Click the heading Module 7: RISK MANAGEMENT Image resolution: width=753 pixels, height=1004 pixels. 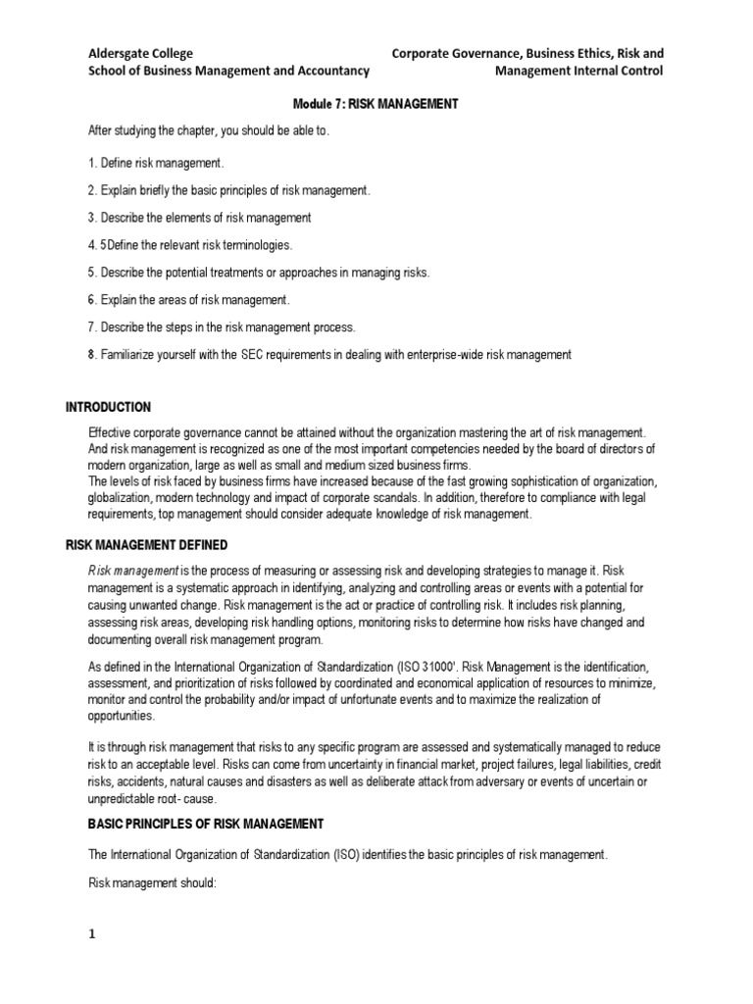coord(376,103)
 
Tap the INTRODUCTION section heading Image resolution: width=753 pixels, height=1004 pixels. coord(108,407)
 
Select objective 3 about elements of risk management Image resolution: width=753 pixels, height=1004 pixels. coord(199,217)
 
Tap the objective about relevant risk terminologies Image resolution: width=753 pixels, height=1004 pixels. coord(190,244)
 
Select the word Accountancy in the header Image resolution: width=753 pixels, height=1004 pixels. coord(334,71)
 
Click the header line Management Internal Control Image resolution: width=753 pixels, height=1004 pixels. coord(578,71)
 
